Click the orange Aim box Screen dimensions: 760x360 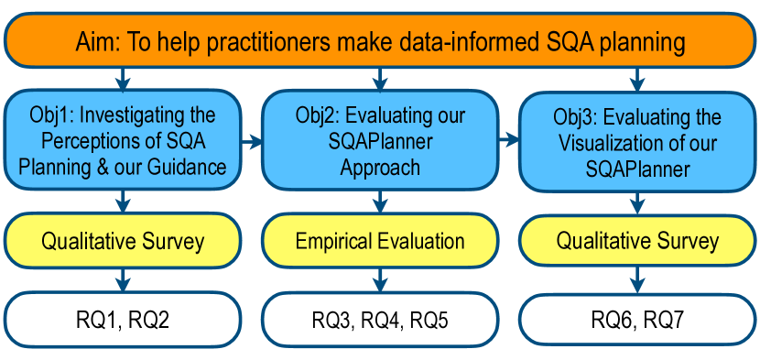tap(380, 40)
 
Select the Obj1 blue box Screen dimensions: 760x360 tap(123, 141)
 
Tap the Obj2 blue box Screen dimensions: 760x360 tap(380, 141)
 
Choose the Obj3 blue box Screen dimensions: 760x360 tap(638, 142)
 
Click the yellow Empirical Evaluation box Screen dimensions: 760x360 tap(380, 241)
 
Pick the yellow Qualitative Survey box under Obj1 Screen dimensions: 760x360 tap(123, 241)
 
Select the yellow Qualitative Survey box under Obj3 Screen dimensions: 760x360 tap(638, 242)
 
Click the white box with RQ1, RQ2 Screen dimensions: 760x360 tap(123, 320)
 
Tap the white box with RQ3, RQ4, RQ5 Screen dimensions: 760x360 tap(380, 320)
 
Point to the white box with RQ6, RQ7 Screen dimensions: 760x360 tap(638, 321)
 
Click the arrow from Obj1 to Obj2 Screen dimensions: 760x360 tap(252, 142)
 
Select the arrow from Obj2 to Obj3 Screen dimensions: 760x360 tap(508, 141)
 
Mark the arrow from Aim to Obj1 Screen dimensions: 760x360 tap(123, 79)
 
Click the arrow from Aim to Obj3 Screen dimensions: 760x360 tap(638, 79)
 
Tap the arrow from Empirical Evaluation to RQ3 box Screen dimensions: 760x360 tap(380, 280)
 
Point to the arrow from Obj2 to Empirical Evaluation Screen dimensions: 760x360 tap(380, 202)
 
